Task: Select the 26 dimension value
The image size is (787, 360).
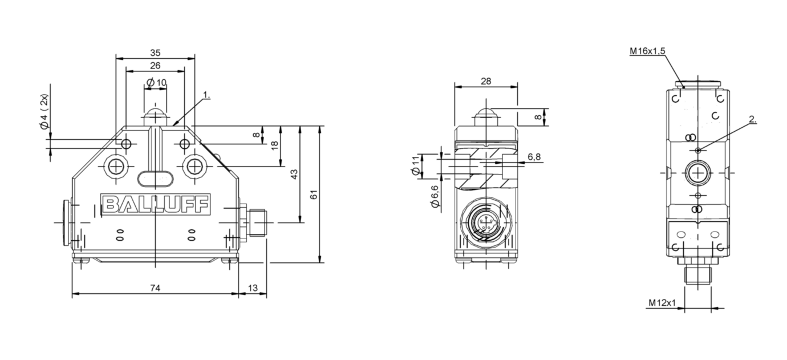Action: [x=155, y=66]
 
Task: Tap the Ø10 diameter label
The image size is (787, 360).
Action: [x=156, y=83]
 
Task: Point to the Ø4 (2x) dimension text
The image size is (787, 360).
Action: [x=44, y=118]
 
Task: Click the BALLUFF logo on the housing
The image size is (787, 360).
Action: [x=155, y=204]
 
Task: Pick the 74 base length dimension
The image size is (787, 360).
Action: [x=155, y=288]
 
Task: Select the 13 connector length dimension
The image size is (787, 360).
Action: [x=252, y=288]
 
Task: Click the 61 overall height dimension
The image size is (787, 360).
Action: [x=314, y=194]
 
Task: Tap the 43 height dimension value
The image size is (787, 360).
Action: [x=294, y=174]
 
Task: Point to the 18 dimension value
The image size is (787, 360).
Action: [x=275, y=145]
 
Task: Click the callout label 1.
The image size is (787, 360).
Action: [x=206, y=96]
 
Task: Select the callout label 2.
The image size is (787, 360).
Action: [x=753, y=120]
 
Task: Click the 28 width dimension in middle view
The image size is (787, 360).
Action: [x=485, y=81]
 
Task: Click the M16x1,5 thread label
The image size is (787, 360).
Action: [x=647, y=51]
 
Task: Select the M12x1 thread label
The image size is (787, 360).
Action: [x=662, y=302]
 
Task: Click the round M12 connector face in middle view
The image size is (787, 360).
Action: [x=485, y=223]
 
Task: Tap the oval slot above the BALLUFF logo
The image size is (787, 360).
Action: [x=155, y=179]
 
